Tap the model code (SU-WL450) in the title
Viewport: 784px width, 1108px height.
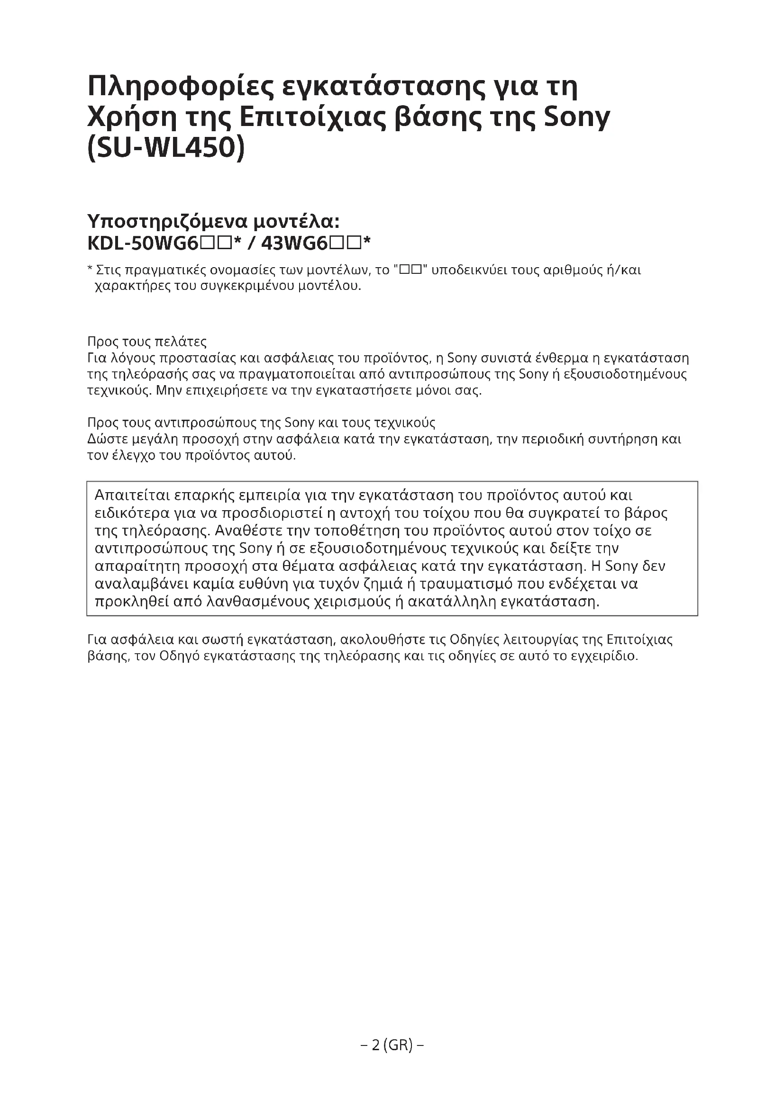pyautogui.click(x=166, y=149)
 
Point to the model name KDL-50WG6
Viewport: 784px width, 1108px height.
pyautogui.click(x=143, y=243)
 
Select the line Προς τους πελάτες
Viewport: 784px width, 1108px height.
pyautogui.click(x=147, y=342)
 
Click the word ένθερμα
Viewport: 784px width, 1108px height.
pyautogui.click(x=555, y=358)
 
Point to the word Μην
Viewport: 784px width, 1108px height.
pyautogui.click(x=167, y=390)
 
